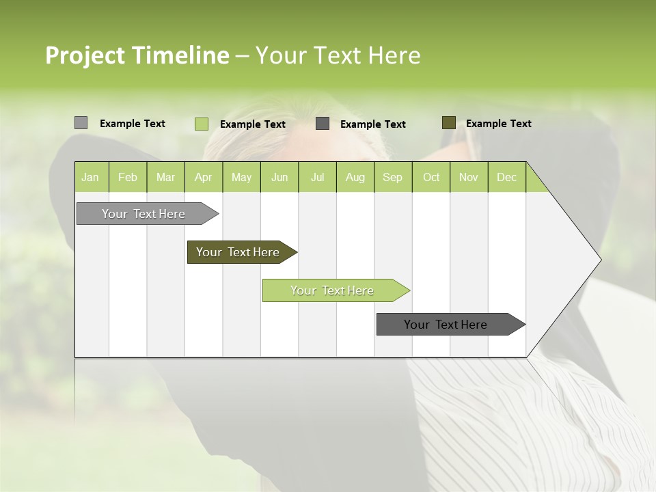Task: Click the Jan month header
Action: tap(91, 177)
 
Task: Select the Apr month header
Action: tap(204, 177)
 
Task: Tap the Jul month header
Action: tap(317, 177)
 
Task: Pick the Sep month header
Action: tap(392, 177)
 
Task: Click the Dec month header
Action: tap(506, 177)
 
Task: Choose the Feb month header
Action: tap(128, 177)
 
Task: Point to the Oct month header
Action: tap(431, 177)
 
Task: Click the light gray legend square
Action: tap(81, 123)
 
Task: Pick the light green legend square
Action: tap(202, 124)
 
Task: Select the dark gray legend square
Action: tap(323, 123)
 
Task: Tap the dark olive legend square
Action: tap(449, 123)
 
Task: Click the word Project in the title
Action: tap(85, 56)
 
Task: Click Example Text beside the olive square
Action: tap(498, 124)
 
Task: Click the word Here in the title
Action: tap(394, 55)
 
